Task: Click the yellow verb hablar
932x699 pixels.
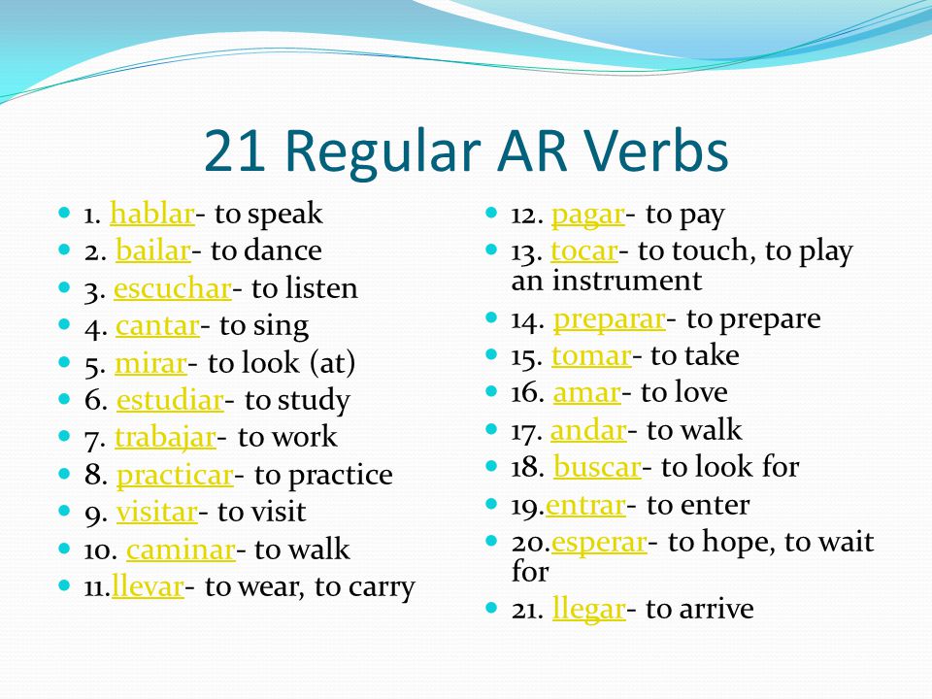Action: [152, 214]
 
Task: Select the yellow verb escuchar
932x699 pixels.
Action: [173, 289]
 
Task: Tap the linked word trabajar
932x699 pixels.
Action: [165, 439]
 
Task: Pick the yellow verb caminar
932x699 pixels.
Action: [181, 550]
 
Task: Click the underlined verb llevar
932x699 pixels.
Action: [148, 586]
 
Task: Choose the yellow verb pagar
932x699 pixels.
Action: [588, 216]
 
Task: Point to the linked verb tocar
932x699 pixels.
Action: [584, 251]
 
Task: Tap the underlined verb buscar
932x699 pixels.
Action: [597, 467]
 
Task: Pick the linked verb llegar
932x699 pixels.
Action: [589, 610]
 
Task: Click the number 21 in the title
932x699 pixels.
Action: [234, 151]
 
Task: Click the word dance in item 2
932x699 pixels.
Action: [283, 250]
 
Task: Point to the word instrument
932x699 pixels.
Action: [627, 281]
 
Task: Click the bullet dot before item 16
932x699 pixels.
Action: [491, 391]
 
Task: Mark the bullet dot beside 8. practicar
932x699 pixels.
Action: [65, 474]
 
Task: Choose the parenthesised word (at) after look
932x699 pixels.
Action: [333, 363]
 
